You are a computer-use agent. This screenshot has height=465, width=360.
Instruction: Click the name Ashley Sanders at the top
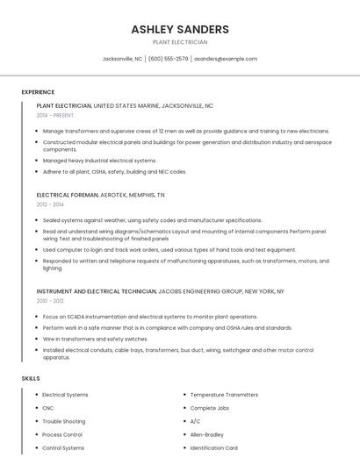click(180, 29)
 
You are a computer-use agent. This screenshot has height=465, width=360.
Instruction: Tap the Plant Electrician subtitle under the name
click(180, 42)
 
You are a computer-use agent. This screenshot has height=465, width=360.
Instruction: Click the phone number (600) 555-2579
click(168, 59)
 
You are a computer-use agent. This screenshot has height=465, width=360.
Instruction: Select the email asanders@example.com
click(226, 59)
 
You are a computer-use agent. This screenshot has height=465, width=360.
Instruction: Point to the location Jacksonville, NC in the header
click(122, 59)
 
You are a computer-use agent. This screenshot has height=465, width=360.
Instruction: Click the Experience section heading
click(38, 92)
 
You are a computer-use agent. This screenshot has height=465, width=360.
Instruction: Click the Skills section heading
click(31, 378)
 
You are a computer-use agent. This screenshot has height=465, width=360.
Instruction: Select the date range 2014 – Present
click(55, 115)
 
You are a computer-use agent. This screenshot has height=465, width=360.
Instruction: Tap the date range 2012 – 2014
click(51, 204)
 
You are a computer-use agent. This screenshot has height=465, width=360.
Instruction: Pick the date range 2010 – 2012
click(51, 300)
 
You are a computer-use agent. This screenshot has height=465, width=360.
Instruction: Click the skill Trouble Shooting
click(64, 421)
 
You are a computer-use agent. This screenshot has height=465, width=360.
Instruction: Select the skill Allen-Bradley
click(207, 434)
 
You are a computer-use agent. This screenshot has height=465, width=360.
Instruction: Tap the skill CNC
click(48, 408)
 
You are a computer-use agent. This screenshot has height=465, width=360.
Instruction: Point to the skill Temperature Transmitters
click(224, 395)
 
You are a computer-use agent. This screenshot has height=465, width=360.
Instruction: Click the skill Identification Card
click(213, 447)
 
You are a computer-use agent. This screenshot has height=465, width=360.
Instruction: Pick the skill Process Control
click(62, 434)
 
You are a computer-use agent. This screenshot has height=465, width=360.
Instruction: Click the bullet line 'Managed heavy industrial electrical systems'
click(99, 161)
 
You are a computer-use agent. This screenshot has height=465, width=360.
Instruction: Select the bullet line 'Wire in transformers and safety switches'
click(95, 339)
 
